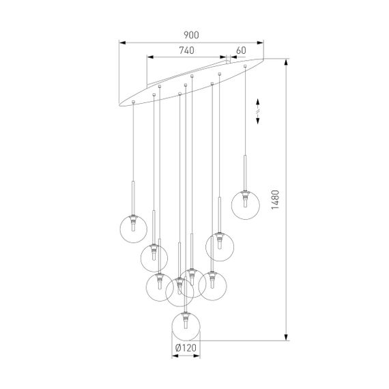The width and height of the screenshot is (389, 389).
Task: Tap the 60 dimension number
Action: (x=241, y=50)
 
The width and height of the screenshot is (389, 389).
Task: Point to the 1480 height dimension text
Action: (x=274, y=199)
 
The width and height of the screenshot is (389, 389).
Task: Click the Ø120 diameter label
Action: (x=186, y=348)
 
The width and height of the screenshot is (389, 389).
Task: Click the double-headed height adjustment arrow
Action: (x=257, y=110)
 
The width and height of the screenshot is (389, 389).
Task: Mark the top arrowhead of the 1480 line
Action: (x=287, y=61)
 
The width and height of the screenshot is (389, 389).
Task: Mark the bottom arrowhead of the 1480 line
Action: (x=287, y=337)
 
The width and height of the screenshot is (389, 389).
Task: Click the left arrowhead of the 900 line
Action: (x=121, y=41)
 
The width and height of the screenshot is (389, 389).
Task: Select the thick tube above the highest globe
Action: (x=244, y=174)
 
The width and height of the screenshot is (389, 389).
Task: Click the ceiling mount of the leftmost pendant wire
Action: (x=132, y=102)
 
